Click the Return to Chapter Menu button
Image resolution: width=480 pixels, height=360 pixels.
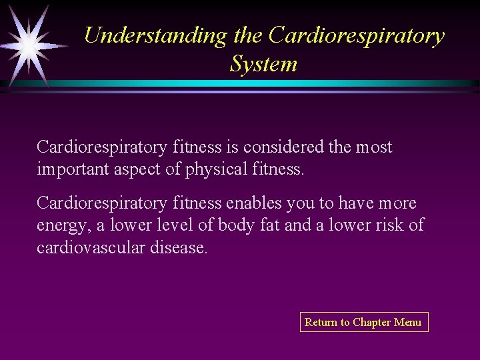click(363, 322)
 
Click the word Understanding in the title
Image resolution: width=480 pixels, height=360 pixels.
click(155, 35)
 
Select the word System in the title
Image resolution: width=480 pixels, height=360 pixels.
click(263, 64)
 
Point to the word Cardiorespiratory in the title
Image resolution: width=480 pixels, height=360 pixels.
click(357, 35)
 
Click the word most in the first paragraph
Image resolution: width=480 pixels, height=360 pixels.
click(373, 147)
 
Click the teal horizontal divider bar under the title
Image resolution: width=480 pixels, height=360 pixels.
click(267, 84)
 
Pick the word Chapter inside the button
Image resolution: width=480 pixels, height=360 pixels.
click(372, 322)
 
